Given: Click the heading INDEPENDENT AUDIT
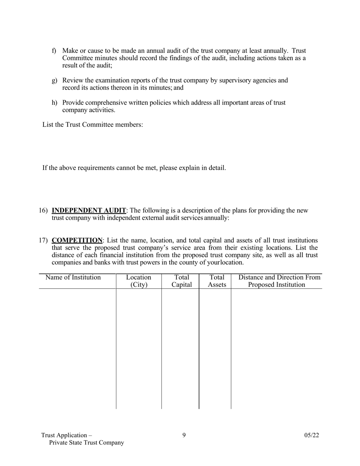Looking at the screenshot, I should tap(89, 211).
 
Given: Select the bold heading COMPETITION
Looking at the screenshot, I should tap(77, 241).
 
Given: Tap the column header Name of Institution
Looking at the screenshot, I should tap(73, 277).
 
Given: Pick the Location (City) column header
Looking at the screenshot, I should tap(139, 281).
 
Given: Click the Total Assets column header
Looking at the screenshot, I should tap(217, 281).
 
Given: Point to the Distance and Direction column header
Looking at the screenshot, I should tap(279, 281).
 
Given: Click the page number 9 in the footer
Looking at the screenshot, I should tap(184, 435).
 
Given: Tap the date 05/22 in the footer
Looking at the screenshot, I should tap(311, 435).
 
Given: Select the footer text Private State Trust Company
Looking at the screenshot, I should tap(86, 443).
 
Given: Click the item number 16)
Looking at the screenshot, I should tap(43, 211).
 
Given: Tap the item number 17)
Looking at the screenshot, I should tap(43, 241).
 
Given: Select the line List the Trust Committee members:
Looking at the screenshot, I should tap(92, 125).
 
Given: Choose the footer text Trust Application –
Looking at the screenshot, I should tap(66, 435).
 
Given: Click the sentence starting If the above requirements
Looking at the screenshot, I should tap(134, 168).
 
